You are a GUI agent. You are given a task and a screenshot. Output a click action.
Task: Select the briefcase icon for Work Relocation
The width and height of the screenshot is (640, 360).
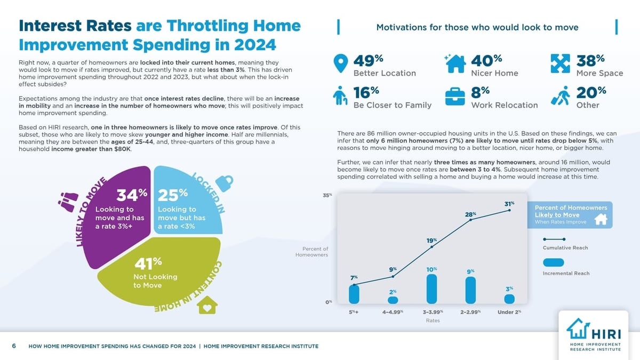[455, 97]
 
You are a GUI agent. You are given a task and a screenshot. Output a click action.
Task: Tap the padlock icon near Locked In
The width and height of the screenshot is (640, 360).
[226, 183]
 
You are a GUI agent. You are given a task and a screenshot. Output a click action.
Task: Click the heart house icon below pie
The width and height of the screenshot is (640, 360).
[207, 306]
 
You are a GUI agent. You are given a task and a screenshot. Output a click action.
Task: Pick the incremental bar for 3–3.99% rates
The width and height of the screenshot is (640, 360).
[432, 288]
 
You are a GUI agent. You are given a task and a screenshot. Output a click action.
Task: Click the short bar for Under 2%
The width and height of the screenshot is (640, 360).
[509, 299]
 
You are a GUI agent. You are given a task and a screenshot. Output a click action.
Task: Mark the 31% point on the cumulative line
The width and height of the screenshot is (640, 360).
[509, 210]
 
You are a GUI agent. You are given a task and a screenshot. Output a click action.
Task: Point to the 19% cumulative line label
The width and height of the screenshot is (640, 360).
[432, 241]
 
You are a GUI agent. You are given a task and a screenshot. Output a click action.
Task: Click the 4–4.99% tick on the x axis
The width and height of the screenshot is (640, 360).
[393, 311]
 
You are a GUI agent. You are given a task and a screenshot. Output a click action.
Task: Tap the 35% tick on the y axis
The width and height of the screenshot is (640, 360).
[327, 196]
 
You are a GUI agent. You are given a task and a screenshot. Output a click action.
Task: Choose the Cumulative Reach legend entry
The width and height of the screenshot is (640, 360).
[566, 247]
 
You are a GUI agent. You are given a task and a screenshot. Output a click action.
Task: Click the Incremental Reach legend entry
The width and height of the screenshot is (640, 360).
[566, 273]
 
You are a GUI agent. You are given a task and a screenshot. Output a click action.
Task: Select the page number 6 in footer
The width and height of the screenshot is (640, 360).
[14, 346]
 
